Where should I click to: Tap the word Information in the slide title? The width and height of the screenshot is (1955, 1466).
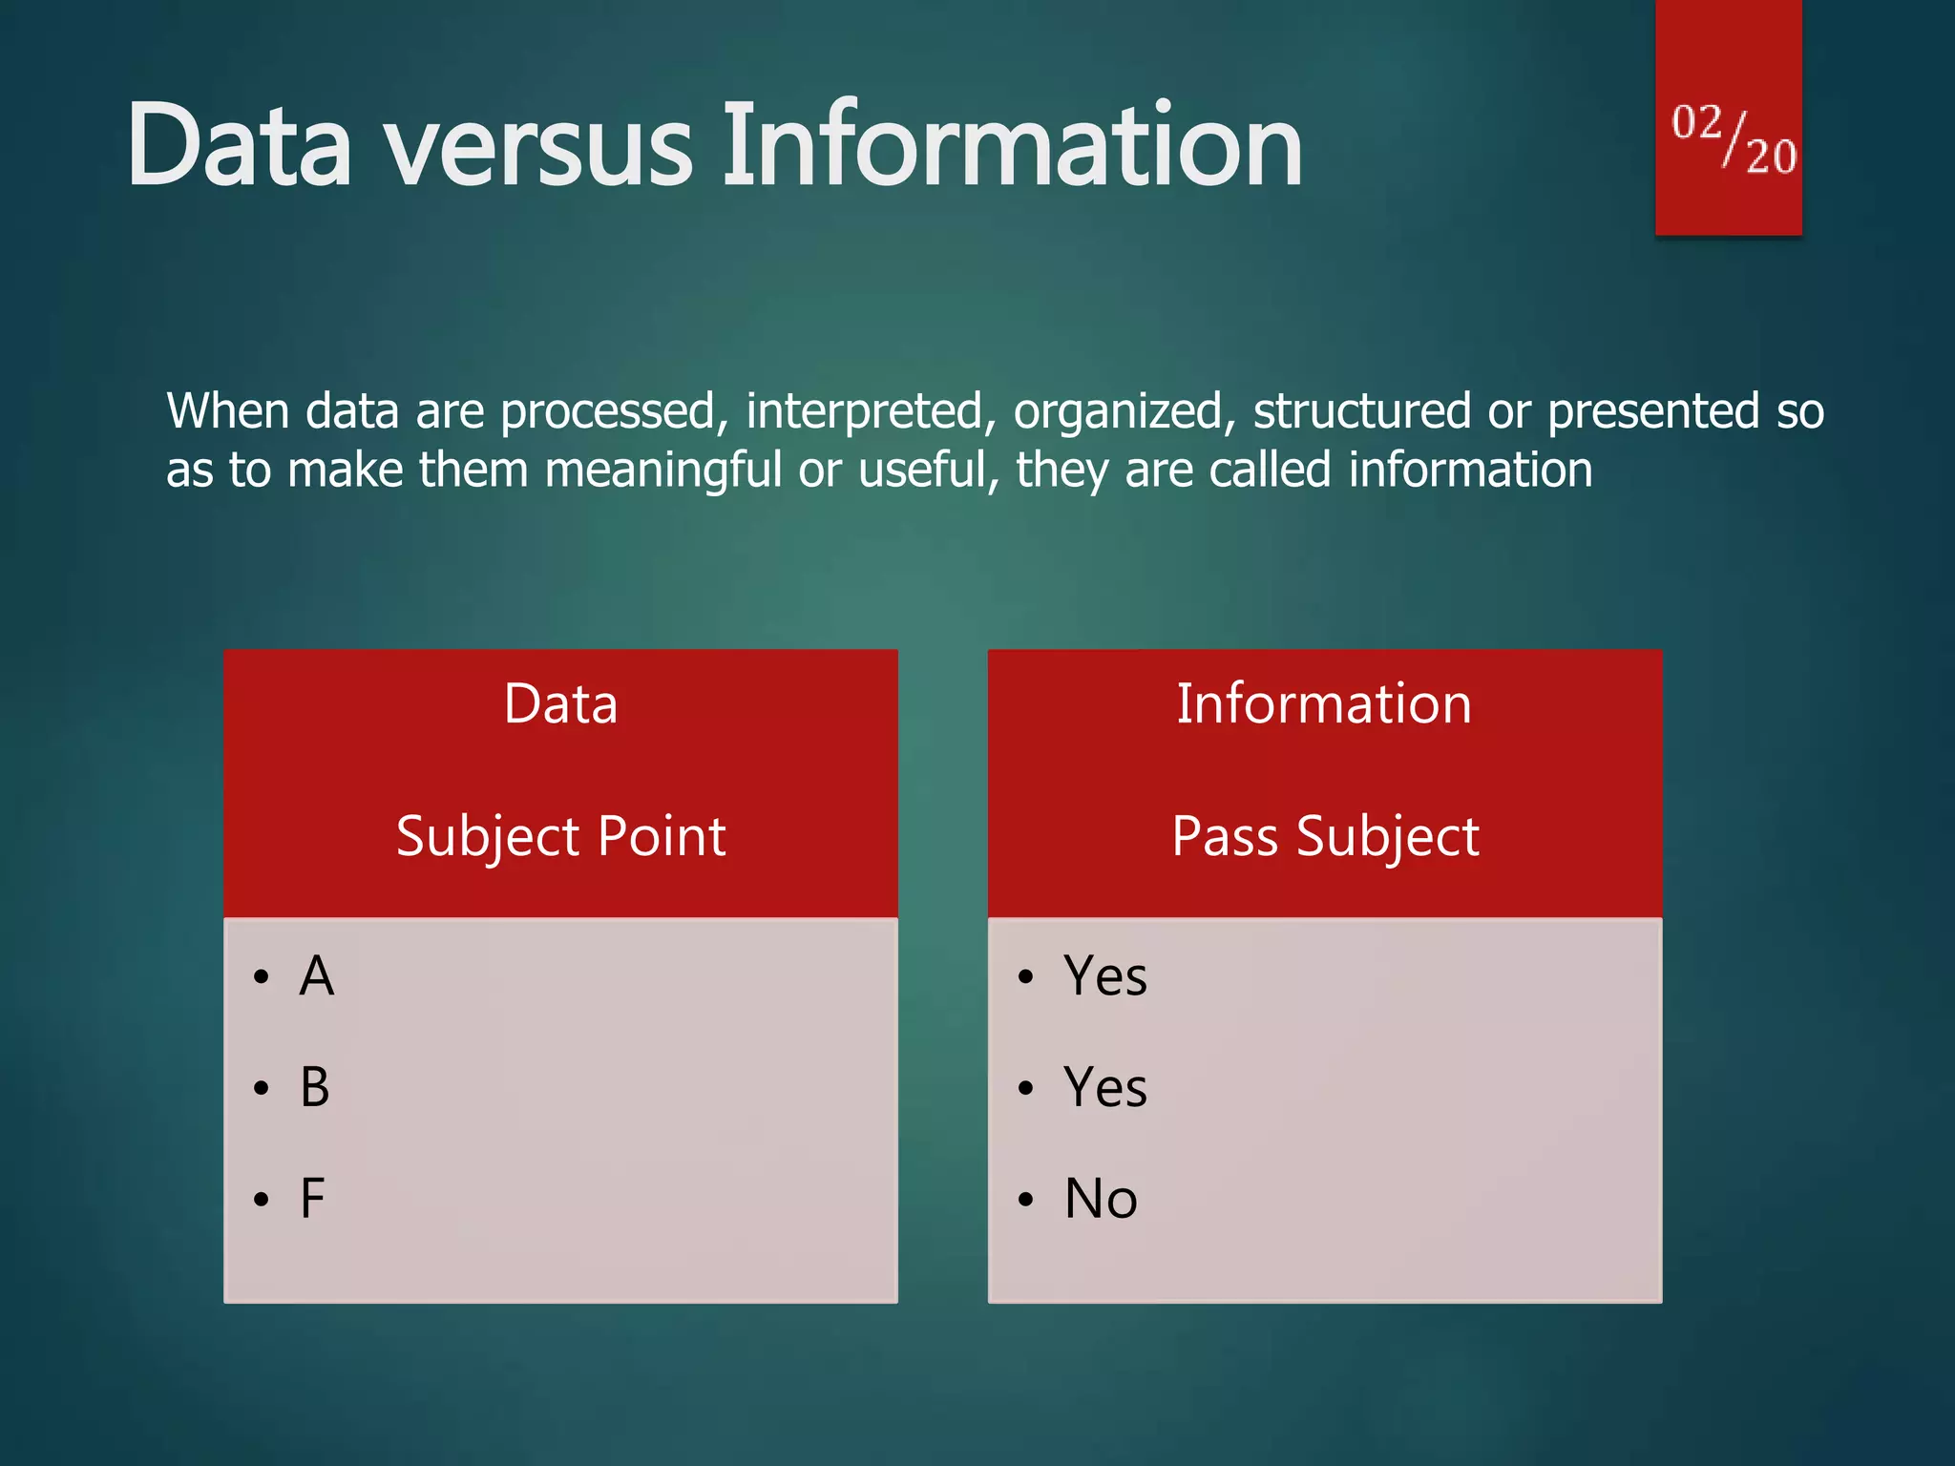point(1011,146)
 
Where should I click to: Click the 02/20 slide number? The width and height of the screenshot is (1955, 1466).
point(1733,139)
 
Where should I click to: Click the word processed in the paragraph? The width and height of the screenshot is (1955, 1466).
point(608,412)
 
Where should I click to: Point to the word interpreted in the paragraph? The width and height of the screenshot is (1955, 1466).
point(865,412)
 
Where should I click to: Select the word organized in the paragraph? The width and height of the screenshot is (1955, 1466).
point(1118,412)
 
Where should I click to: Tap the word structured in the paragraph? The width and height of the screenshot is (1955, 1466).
point(1361,412)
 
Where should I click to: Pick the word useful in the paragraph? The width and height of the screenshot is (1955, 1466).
point(921,470)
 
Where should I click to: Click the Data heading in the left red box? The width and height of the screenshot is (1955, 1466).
point(560,704)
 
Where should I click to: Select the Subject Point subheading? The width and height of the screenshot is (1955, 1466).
point(560,837)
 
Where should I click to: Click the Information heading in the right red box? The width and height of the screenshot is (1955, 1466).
point(1324,704)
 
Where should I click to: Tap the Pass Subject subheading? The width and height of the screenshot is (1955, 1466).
point(1325,837)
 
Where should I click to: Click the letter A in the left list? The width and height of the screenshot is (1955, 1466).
point(316,976)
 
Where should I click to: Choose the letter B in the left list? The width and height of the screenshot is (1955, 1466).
point(315,1087)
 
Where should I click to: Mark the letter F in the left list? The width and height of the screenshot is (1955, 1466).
point(312,1199)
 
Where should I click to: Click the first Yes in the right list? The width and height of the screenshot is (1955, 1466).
point(1105,976)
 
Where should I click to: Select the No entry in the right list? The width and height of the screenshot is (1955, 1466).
point(1101,1199)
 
